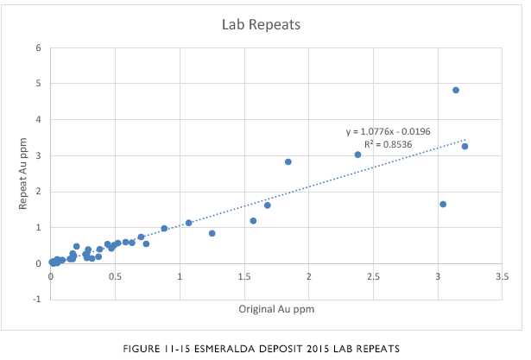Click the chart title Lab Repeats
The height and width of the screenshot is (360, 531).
(x=261, y=25)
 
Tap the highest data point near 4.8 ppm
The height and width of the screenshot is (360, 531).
(x=456, y=90)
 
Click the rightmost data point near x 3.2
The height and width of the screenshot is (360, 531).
(x=465, y=146)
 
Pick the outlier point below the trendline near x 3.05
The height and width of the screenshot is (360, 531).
(x=443, y=204)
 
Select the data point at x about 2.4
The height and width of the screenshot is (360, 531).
(x=357, y=155)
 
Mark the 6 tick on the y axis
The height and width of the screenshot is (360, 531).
(x=39, y=47)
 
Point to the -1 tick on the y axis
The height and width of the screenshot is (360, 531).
(x=37, y=299)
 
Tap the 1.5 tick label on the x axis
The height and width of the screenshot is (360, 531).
(x=244, y=276)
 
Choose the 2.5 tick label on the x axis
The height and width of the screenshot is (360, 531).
(x=373, y=276)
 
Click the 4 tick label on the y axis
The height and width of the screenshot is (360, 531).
(x=39, y=119)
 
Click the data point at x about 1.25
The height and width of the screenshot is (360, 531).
(x=212, y=233)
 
